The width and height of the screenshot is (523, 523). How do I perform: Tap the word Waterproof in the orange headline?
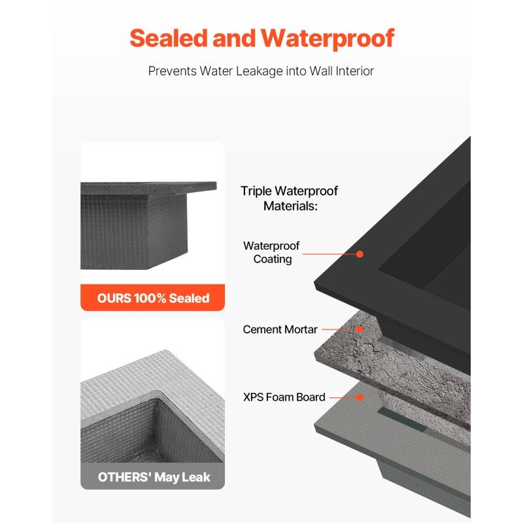(x=328, y=39)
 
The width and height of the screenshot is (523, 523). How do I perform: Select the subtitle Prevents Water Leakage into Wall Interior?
(x=261, y=71)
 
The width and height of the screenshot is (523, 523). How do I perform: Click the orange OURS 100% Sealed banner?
(x=153, y=298)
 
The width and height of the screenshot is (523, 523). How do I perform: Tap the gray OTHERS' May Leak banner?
(x=153, y=477)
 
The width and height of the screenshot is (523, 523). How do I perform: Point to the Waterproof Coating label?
(x=271, y=252)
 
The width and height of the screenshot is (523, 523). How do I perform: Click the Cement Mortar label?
(x=280, y=329)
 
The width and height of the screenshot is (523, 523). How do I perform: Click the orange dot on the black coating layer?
(x=360, y=253)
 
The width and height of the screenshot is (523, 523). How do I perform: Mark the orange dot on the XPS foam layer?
(x=360, y=397)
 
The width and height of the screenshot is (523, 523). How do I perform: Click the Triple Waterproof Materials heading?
(x=290, y=198)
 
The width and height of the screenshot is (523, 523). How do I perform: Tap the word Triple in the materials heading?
(x=256, y=191)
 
